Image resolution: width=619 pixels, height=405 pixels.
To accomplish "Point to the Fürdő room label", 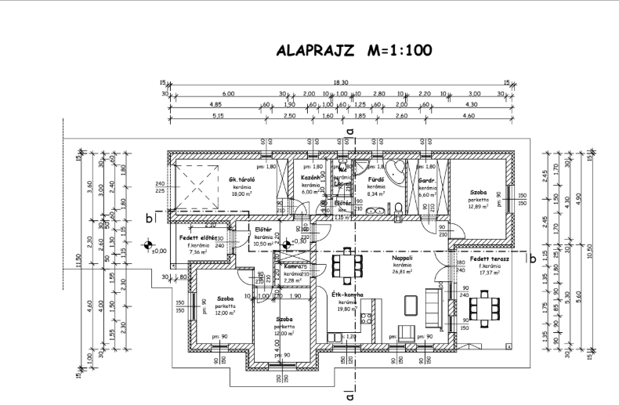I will pyautogui.click(x=375, y=179).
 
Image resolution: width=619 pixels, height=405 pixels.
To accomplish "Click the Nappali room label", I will pyautogui.click(x=404, y=257).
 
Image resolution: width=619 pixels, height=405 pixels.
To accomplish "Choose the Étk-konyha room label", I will pyautogui.click(x=346, y=295).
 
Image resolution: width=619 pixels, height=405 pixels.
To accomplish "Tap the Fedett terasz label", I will pyautogui.click(x=490, y=259).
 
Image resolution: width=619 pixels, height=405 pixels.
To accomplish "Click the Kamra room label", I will pyautogui.click(x=283, y=267).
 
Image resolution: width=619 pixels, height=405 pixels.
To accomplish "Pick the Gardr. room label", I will pyautogui.click(x=426, y=179).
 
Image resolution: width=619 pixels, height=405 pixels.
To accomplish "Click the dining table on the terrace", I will pyautogui.click(x=483, y=306).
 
